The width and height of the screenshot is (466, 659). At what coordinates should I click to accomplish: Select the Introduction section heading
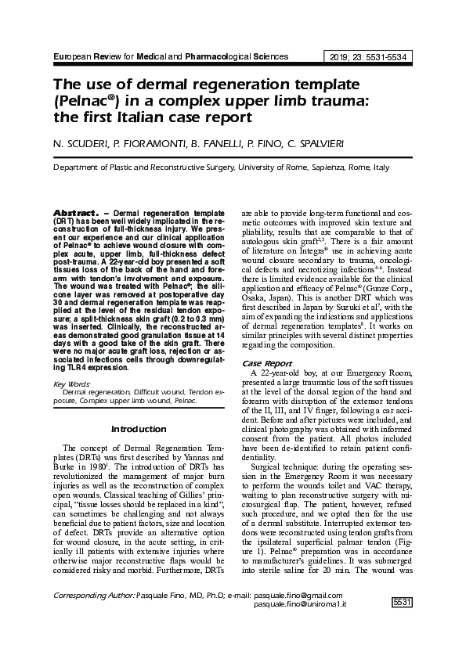click(x=139, y=429)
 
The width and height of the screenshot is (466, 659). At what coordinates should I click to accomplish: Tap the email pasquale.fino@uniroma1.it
click(x=300, y=628)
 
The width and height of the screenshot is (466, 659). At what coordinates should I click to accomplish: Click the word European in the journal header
click(x=71, y=56)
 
